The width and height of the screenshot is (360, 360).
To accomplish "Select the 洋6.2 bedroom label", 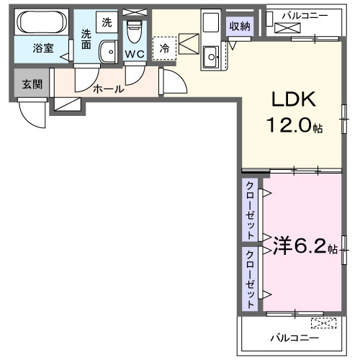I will (299, 247).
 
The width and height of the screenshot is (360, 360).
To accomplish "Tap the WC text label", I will (134, 53).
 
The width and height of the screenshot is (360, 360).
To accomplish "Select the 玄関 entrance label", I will (32, 84).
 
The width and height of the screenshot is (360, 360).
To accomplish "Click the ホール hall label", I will (108, 89).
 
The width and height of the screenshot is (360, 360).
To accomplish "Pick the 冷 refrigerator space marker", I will (165, 49).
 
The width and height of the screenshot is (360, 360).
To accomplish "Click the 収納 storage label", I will (240, 27).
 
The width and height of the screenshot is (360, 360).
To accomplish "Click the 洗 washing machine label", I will (107, 22).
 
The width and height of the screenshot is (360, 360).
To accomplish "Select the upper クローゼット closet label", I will (250, 210).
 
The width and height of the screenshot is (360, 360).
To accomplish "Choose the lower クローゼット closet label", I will (250, 279).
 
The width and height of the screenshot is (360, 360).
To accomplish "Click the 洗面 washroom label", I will (86, 39).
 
